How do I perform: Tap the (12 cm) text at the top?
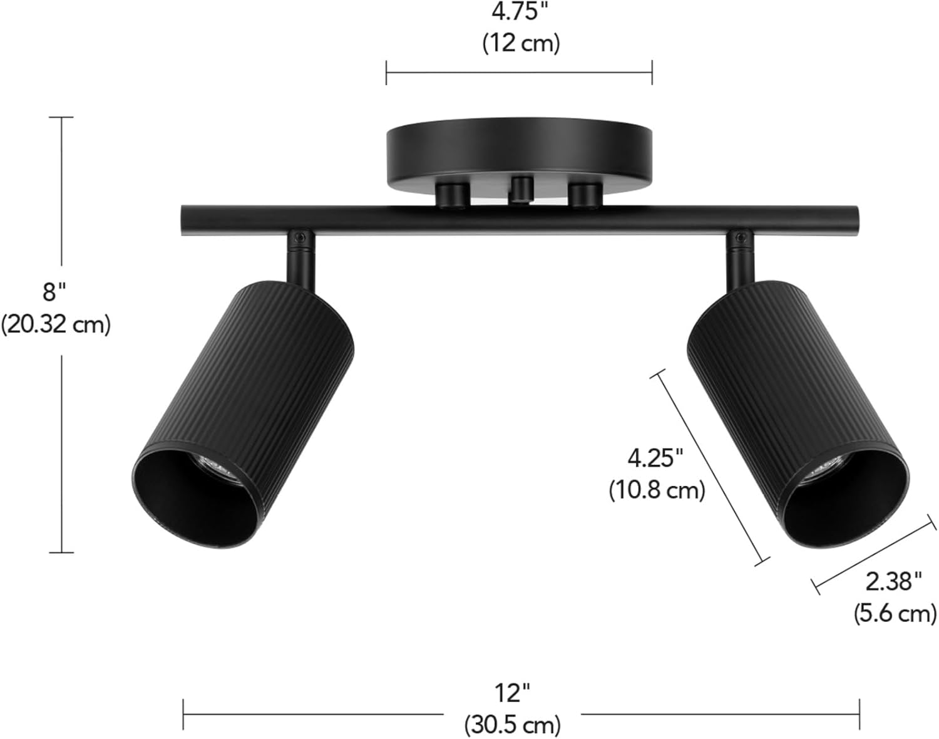(x=520, y=43)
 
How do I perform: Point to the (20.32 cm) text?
(x=56, y=325)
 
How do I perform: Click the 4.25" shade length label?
(x=655, y=459)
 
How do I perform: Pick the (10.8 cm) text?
(x=657, y=490)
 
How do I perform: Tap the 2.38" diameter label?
(x=893, y=582)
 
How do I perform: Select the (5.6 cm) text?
(x=895, y=613)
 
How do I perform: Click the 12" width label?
(x=512, y=693)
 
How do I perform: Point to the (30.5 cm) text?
(x=512, y=725)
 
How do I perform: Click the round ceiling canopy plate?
(x=520, y=153)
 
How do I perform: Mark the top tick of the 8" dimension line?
(x=61, y=117)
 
